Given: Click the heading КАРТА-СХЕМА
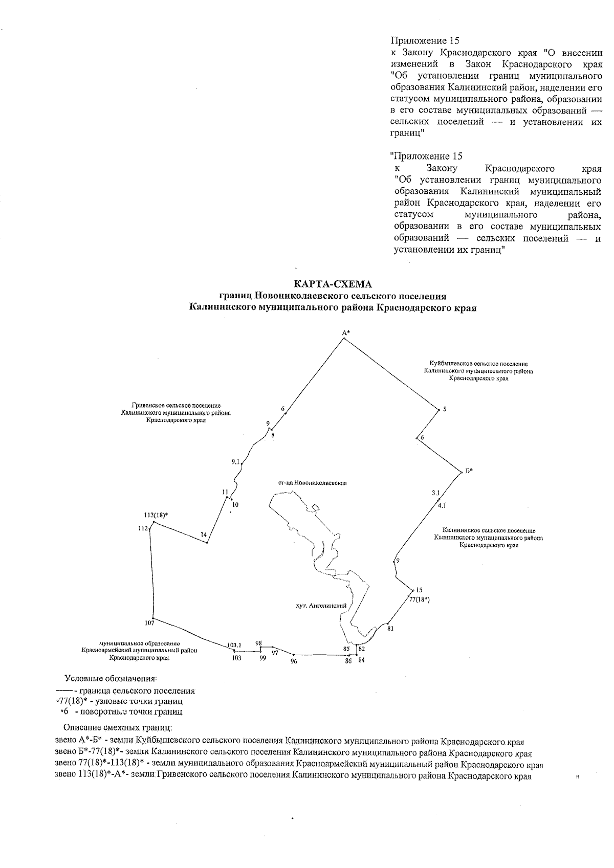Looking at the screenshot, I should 333,284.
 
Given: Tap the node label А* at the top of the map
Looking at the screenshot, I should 346,332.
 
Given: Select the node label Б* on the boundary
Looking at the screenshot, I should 469,471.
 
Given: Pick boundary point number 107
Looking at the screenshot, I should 149,623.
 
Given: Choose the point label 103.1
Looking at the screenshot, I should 234,645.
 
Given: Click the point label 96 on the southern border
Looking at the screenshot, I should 293,661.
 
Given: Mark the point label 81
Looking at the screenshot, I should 391,628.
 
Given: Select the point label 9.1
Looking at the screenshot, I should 235,461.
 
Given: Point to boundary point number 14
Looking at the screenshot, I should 204,535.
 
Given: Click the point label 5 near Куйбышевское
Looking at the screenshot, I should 445,409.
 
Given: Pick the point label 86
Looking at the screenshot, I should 348,661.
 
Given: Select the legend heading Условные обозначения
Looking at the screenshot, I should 110,679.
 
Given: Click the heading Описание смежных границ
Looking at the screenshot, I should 117,727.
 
